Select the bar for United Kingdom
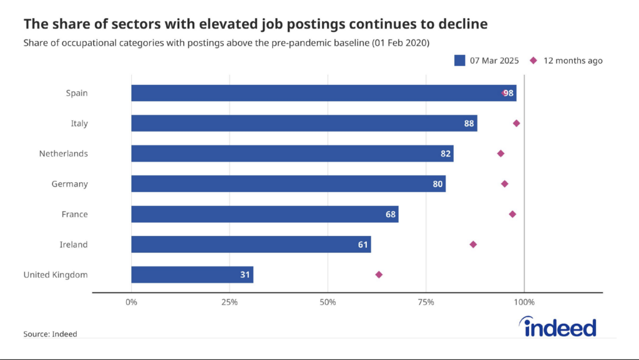coord(192,275)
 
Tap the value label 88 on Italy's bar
coord(469,124)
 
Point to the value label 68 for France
coord(391,215)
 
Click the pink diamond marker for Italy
coord(516,124)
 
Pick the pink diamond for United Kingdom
coord(379,275)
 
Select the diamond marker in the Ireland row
coord(473,245)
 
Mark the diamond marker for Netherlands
coord(500,153)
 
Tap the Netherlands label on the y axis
coord(63,153)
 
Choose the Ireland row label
coord(74,245)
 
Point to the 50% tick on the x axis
coord(328,303)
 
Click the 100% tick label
coord(524,303)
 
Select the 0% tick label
coord(131,303)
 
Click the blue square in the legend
coord(460,61)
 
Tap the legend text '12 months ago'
coord(573,61)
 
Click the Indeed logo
coord(557,327)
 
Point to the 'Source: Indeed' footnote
coord(50,334)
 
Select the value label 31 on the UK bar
coord(245,275)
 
